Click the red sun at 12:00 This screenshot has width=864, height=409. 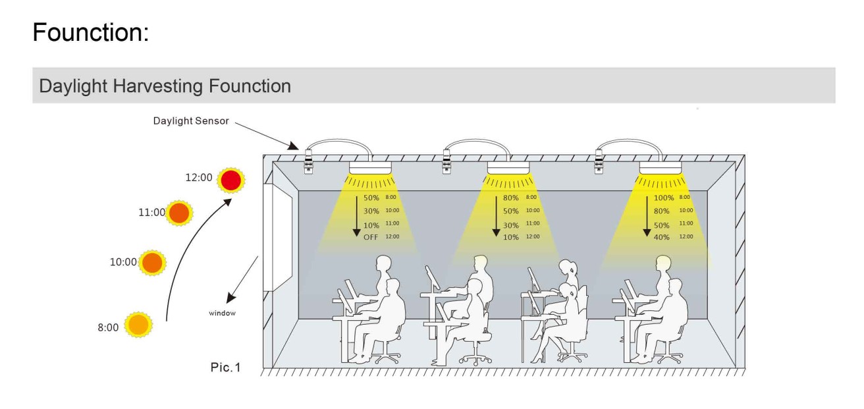231,180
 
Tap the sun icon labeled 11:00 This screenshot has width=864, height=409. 179,213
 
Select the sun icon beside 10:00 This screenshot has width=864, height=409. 152,262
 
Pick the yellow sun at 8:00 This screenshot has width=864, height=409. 138,325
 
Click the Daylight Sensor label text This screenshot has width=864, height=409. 190,121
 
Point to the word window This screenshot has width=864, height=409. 222,313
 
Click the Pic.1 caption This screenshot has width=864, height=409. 225,367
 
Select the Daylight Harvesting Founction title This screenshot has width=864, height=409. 165,86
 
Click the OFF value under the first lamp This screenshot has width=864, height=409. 371,237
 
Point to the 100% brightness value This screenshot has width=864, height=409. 663,198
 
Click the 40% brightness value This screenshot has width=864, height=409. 661,237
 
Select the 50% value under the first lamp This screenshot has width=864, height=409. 371,198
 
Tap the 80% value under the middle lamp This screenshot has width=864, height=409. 511,198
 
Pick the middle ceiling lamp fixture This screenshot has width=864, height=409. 508,168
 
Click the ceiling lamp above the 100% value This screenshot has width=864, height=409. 661,168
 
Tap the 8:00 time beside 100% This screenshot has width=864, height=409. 685,197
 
